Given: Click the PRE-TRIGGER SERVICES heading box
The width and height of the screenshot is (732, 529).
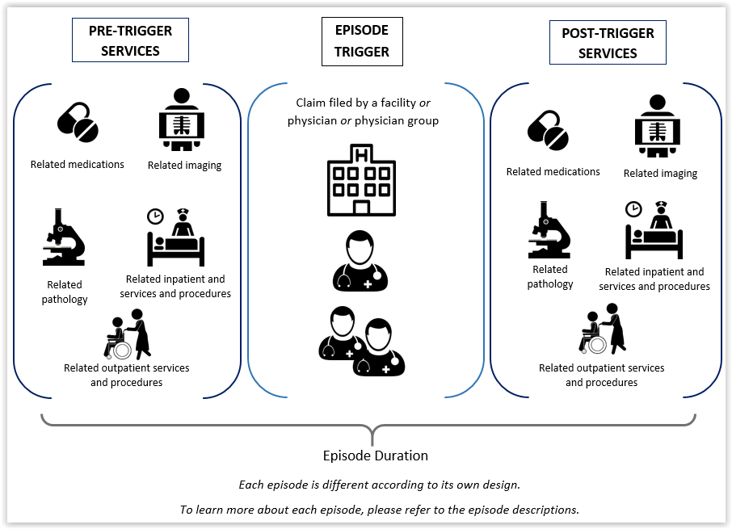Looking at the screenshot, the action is [130, 40].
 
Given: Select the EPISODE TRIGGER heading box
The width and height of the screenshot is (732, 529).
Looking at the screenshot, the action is [362, 41].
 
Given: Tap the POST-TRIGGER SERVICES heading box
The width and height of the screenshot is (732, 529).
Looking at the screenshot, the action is [608, 43].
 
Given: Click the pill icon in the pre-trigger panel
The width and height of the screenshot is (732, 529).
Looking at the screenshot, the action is [78, 122].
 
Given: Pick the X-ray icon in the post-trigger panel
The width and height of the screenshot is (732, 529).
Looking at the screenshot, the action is [658, 125].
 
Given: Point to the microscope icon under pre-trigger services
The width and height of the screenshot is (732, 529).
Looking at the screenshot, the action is [64, 237].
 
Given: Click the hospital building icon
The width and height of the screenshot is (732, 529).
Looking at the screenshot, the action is [361, 180].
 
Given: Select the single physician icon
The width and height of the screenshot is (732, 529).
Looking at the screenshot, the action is [360, 261].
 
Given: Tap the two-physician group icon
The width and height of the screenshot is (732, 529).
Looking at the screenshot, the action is [361, 341].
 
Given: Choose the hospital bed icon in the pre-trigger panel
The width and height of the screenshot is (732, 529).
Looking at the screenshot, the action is [176, 237].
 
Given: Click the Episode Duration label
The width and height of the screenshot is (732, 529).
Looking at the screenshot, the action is [376, 456].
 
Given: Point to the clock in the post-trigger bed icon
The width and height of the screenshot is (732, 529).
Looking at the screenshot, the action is [633, 209].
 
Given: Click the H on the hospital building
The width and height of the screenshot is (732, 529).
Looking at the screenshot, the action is [362, 154].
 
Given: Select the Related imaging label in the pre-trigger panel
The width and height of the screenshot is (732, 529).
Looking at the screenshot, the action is [184, 165].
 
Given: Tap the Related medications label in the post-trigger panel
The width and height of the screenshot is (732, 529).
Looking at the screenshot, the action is [553, 172].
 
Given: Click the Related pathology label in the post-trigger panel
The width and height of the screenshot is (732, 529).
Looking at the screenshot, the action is [550, 277].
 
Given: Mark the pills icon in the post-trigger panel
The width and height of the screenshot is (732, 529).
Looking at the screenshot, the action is [548, 130].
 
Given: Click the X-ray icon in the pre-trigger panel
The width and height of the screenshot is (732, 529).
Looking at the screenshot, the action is [182, 120].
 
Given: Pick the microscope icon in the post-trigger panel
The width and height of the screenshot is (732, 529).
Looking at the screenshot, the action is [549, 229].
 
